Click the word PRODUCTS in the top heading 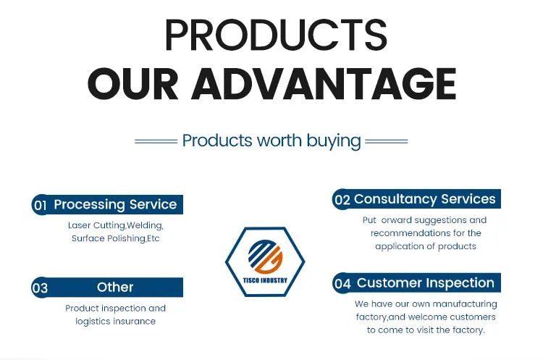276,35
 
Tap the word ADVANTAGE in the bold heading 324,83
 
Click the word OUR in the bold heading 133,84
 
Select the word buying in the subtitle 334,141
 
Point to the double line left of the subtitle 156,141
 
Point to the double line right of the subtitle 387,141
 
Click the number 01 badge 40,205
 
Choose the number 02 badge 342,200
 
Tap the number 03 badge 40,288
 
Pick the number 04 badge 342,283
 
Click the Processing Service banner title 115,204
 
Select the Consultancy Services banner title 424,199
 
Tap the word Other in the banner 115,288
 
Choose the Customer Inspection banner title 425,282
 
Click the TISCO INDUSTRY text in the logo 265,280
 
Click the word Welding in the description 145,225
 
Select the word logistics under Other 92,322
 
